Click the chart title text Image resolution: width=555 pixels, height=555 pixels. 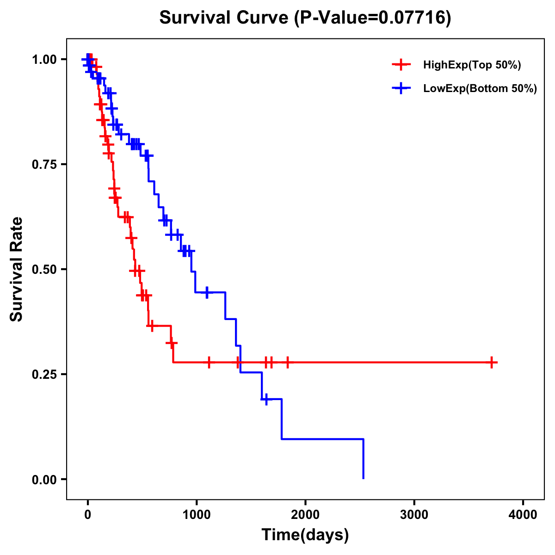coord(305,18)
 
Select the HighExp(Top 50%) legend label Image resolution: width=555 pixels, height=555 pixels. coord(472,65)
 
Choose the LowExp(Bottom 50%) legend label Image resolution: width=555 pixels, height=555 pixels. coord(480,89)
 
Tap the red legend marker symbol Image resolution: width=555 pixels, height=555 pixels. coord(401,65)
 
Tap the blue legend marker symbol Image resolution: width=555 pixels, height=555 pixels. coord(401,89)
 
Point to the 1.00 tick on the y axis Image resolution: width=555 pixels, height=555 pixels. coord(44,60)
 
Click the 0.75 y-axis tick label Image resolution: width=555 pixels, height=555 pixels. coord(44,165)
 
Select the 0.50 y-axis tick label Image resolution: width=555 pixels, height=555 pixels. coord(44,270)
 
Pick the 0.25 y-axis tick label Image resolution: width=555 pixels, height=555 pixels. coord(44,375)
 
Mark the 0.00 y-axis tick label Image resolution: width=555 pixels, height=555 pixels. coord(44,480)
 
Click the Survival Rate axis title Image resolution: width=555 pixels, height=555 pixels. coord(17,269)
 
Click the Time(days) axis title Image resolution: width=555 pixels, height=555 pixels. coord(305,535)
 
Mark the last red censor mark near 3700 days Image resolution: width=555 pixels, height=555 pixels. coord(492,363)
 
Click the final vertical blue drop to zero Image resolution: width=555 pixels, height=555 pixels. coord(364,459)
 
